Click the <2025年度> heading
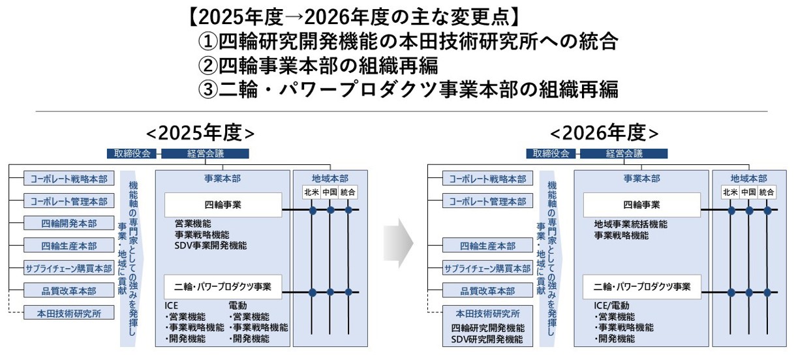click(x=200, y=132)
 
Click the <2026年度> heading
click(x=604, y=132)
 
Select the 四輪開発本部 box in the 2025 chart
click(x=69, y=224)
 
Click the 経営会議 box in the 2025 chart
click(x=205, y=154)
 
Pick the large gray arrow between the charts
click(x=398, y=243)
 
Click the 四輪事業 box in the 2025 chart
click(x=222, y=204)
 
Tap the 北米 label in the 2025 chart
click(x=312, y=192)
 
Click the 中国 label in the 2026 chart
click(x=748, y=192)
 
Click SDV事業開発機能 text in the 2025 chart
click(x=210, y=245)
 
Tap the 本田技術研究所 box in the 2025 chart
click(x=69, y=313)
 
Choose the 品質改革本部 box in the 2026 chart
click(x=487, y=291)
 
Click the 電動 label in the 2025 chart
click(x=237, y=305)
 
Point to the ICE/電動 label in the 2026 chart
click(x=611, y=305)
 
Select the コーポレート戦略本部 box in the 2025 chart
click(x=69, y=179)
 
